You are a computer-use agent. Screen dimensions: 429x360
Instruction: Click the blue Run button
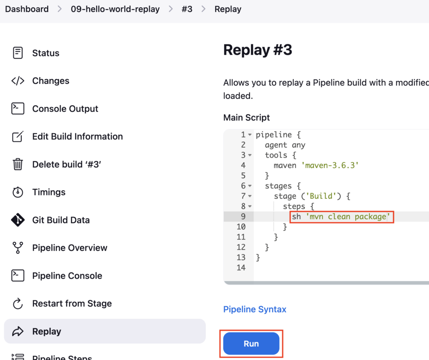coord(251,344)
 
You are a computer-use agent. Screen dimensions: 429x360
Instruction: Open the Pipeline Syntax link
coord(255,309)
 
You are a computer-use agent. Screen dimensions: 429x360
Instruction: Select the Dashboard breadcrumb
coord(27,9)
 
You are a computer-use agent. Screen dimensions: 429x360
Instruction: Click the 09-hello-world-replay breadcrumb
coord(115,9)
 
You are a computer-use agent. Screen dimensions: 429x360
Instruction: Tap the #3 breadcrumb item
coord(187,9)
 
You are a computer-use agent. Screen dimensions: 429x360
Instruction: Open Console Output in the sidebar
coord(65,109)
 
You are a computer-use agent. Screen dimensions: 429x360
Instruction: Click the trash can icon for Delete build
coord(18,164)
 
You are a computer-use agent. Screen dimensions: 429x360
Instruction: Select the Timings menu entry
coord(49,192)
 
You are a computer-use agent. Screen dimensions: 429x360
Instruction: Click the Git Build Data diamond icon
coord(18,220)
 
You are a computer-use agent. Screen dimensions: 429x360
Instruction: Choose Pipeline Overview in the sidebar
coord(70,248)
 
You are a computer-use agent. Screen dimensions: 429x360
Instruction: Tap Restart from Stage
coord(72,303)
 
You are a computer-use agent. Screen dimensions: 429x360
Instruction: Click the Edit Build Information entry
coord(78,136)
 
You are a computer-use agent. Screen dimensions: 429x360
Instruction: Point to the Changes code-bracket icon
coord(18,81)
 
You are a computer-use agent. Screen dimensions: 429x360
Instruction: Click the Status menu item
coord(46,53)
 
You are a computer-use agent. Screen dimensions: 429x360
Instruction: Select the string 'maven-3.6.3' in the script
coord(330,166)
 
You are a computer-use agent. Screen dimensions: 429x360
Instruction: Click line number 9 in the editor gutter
coord(243,217)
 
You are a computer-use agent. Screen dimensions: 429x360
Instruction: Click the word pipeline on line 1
coord(274,135)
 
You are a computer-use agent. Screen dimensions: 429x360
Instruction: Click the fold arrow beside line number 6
coord(250,186)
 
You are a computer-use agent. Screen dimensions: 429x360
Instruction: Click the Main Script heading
coord(246,117)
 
